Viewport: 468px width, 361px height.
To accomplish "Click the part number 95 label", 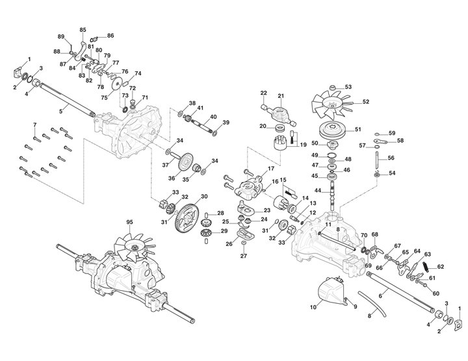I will coord(129,221).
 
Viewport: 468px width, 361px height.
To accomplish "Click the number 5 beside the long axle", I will coord(61,112).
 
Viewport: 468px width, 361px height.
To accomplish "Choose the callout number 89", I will coord(61,36).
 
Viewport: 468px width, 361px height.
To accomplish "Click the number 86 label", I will coord(110,35).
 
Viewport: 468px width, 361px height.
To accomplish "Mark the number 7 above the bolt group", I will coord(34,123).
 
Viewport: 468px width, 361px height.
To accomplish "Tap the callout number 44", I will coord(318,190).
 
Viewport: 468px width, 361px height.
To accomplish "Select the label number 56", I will coord(391,158).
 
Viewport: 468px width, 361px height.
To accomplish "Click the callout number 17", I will coord(272,169).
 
